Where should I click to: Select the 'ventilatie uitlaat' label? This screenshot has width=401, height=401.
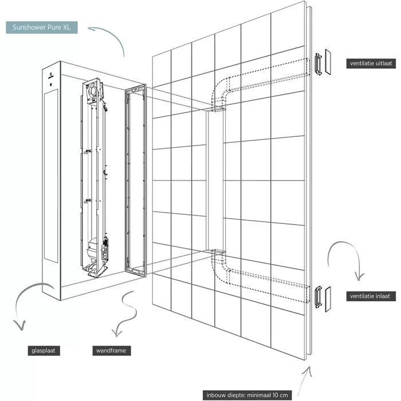(371, 63)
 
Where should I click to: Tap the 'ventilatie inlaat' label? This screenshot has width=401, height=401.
(371, 296)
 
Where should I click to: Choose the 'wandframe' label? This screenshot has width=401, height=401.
(112, 350)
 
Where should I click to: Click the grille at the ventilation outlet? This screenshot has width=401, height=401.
(317, 62)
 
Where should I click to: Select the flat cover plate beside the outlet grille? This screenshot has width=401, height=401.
(328, 62)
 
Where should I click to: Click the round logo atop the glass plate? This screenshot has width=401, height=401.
(51, 74)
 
